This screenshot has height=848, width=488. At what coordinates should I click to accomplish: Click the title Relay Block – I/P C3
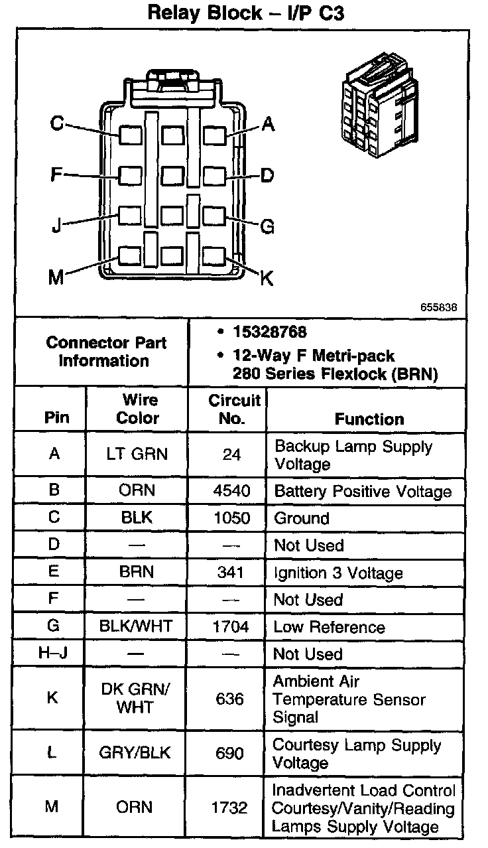(x=245, y=13)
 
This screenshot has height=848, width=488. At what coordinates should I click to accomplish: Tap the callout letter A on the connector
(x=268, y=123)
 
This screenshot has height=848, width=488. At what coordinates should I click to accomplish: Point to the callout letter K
(x=267, y=278)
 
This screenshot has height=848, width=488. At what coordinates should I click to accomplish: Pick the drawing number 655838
(x=438, y=307)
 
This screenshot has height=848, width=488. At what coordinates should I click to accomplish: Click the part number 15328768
(x=269, y=332)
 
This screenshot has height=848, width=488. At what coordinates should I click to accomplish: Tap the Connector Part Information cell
(x=106, y=352)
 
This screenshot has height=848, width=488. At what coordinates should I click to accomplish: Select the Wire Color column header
(x=138, y=409)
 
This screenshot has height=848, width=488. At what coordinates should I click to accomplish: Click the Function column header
(x=369, y=419)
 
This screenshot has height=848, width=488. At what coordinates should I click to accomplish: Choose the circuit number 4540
(x=231, y=491)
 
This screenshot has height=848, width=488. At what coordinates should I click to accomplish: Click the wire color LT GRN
(x=137, y=455)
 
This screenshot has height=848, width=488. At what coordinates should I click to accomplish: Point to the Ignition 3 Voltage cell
(x=338, y=573)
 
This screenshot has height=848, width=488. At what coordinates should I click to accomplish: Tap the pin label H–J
(x=54, y=654)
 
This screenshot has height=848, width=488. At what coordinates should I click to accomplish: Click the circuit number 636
(x=230, y=699)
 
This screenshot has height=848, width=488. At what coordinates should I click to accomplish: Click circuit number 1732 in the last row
(x=229, y=808)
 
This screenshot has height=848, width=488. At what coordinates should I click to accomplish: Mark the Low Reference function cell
(x=329, y=627)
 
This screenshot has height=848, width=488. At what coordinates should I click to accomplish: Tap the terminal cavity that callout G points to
(x=213, y=216)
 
